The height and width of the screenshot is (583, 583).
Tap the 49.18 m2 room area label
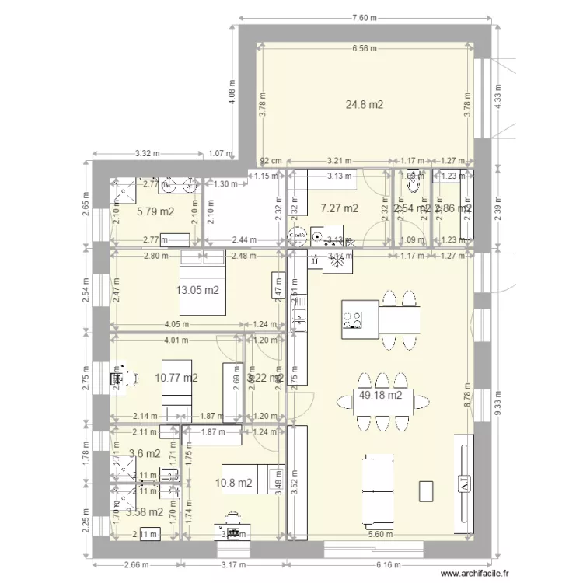coord(380,395)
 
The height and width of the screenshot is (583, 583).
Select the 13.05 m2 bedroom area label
coord(197,290)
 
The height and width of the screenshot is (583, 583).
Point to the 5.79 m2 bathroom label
coord(155,211)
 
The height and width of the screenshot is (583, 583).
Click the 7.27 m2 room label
coord(339,208)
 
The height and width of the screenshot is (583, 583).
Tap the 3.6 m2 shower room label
coord(144,453)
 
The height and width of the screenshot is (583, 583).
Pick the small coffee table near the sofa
coord(426,490)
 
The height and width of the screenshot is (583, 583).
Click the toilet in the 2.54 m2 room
coord(413,185)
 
